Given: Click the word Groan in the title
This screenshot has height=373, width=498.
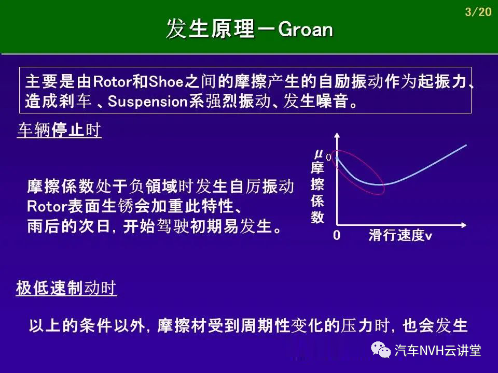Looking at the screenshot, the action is pyautogui.click(x=305, y=30).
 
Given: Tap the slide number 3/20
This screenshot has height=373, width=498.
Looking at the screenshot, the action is pyautogui.click(x=478, y=12).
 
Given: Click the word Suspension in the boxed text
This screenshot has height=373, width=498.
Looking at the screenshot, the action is pyautogui.click(x=148, y=102).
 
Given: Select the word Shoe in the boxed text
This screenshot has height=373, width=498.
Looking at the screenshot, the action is pyautogui.click(x=166, y=81).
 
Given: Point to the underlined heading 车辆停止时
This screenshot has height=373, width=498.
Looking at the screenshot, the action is pyautogui.click(x=59, y=130).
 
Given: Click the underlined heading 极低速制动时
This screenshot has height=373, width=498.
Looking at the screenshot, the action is pyautogui.click(x=66, y=288).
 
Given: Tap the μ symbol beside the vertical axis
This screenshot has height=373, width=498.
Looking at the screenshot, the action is pyautogui.click(x=319, y=154).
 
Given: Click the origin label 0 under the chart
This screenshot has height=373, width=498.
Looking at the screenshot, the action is pyautogui.click(x=337, y=235).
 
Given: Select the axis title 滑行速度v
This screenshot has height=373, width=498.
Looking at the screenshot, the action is pyautogui.click(x=400, y=235).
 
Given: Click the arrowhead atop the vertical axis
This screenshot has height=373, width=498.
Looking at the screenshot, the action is pyautogui.click(x=337, y=135).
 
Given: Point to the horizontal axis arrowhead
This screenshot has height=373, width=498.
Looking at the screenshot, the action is pyautogui.click(x=463, y=225).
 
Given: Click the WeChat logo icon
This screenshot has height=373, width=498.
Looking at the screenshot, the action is pyautogui.click(x=381, y=350).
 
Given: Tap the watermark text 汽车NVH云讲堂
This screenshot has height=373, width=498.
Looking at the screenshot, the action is pyautogui.click(x=438, y=351).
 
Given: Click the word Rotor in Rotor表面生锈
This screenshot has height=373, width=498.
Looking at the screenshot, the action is pyautogui.click(x=47, y=207).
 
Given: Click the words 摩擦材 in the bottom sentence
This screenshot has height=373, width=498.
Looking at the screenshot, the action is pyautogui.click(x=182, y=326).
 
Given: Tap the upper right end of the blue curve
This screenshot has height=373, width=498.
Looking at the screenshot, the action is pyautogui.click(x=466, y=145).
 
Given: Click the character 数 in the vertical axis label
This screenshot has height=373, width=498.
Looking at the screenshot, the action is pyautogui.click(x=317, y=217).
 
